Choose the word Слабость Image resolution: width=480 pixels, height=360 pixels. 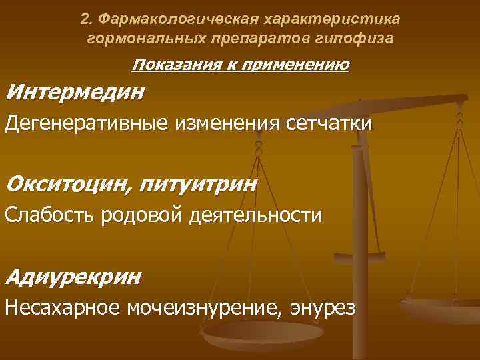click(x=50, y=215)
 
